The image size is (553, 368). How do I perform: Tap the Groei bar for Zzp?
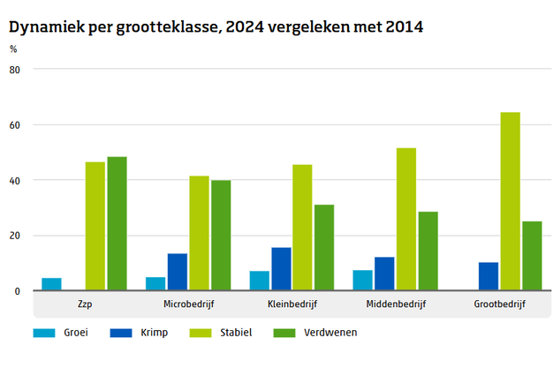point(51,284)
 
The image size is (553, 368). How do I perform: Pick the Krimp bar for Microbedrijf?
point(178,272)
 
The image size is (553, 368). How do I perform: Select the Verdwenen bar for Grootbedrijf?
point(532,256)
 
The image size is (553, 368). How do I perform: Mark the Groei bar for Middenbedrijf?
point(362,281)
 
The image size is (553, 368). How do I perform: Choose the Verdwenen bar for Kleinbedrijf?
point(324,248)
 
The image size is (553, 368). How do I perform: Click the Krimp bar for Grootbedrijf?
point(489,276)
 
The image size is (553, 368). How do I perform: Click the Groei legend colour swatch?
point(43,333)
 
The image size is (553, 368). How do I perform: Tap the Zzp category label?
point(85,304)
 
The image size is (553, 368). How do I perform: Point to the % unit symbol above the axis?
point(13,49)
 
